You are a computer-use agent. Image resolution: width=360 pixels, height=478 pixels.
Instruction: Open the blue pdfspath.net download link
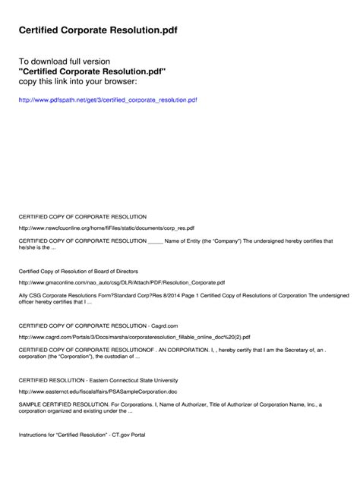click(x=108, y=99)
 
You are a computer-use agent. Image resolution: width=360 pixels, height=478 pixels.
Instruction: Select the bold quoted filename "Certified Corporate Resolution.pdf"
click(x=92, y=71)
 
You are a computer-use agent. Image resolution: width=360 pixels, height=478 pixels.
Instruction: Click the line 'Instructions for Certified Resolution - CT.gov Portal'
click(x=81, y=435)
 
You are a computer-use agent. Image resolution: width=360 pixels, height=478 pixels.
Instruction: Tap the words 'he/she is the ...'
click(x=37, y=247)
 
